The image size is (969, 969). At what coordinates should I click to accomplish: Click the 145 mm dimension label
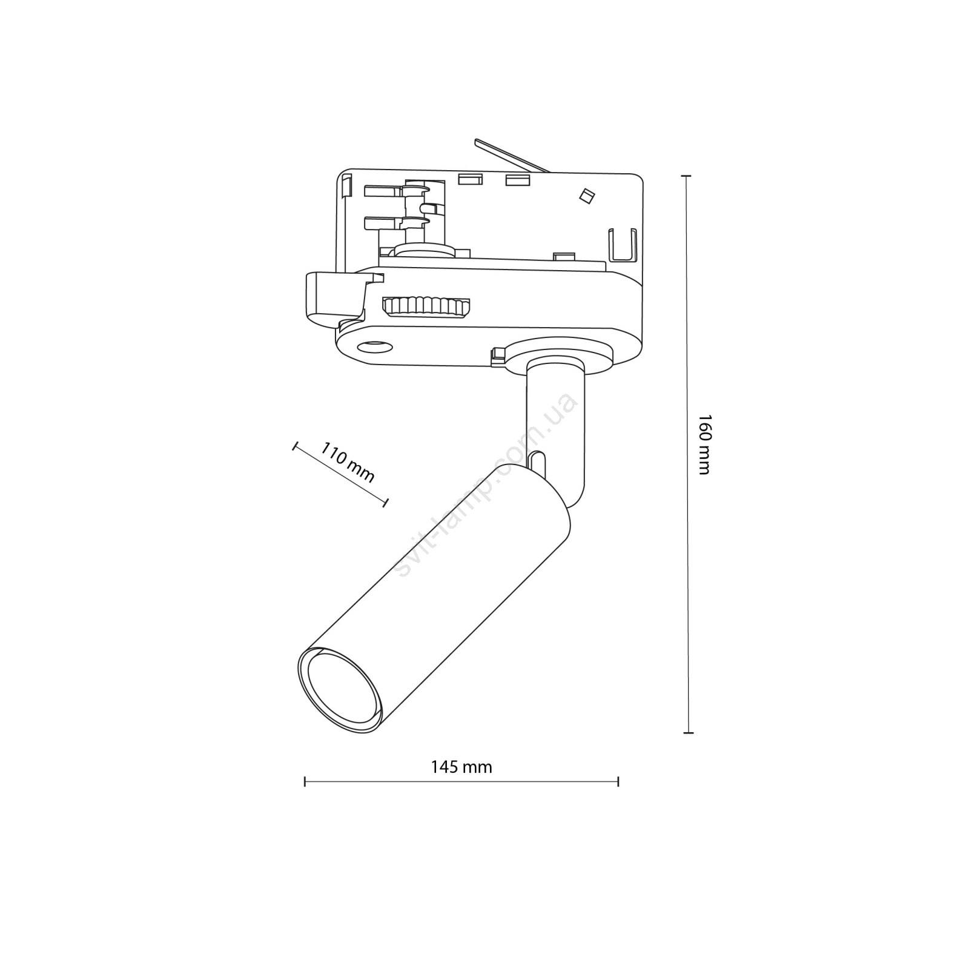(x=461, y=767)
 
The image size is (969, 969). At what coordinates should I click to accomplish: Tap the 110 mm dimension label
(x=347, y=462)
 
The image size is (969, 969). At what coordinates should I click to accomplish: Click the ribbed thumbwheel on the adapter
(x=426, y=306)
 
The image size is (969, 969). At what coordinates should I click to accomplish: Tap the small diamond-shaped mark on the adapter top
(x=586, y=196)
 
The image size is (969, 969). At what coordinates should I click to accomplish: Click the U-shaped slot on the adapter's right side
(x=622, y=246)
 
